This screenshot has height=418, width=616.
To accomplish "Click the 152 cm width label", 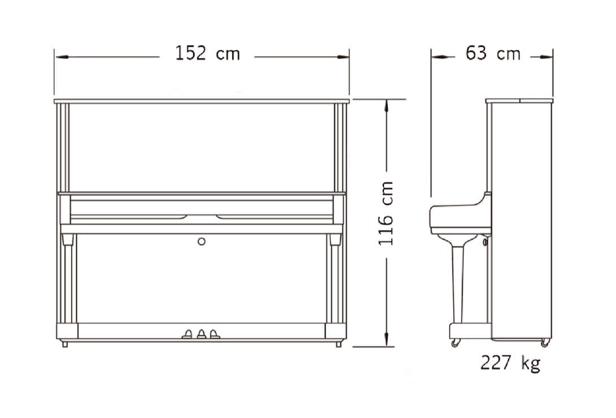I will (207, 54).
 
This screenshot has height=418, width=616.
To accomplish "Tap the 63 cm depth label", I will (492, 54).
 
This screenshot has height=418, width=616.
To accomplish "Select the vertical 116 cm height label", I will (386, 213).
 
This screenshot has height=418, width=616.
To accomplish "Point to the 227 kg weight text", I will (510, 363).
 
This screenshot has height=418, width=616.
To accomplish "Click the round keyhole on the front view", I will (202, 241).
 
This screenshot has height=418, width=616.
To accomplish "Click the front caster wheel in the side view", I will (455, 342).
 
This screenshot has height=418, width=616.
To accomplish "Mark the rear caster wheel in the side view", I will (544, 343).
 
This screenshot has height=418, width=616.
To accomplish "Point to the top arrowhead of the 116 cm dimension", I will (386, 105).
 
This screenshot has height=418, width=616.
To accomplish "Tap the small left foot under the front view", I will (65, 344).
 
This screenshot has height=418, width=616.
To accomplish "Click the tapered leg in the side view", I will (458, 282).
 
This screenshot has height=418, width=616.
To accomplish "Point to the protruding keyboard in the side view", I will (452, 217).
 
